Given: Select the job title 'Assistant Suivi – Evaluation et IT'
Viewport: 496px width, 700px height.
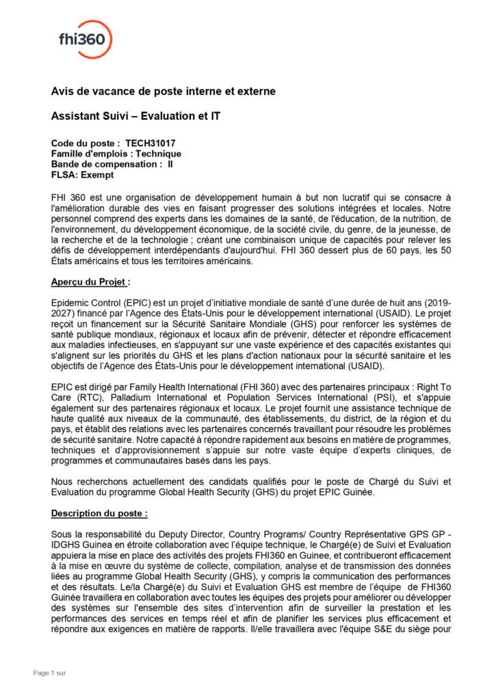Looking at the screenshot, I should [x=135, y=117].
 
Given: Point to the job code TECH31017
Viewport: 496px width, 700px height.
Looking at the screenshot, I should [x=151, y=144].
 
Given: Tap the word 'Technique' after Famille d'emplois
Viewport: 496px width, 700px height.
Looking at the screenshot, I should [x=158, y=154].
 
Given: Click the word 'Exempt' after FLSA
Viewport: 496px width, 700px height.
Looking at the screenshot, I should [x=96, y=174].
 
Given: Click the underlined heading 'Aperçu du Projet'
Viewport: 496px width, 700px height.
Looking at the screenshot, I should [x=89, y=282].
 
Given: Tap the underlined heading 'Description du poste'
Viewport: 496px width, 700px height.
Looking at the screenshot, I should [x=99, y=512].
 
